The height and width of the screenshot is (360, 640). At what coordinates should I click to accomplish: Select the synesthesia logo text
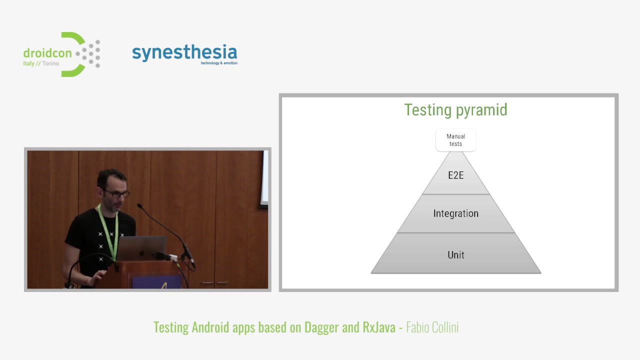point(184,52)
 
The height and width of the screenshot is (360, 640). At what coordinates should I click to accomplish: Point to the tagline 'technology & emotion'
point(219,63)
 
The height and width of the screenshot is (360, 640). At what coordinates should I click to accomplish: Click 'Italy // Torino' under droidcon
point(41,64)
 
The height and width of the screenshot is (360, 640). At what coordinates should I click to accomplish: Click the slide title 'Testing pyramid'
point(455,110)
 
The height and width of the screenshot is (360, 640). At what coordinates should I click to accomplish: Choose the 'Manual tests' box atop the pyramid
point(455,140)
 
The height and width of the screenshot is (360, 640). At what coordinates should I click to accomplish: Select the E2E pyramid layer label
point(455,175)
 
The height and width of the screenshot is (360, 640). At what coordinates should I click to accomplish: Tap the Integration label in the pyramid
point(455,213)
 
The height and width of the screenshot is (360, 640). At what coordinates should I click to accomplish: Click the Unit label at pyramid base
point(455,255)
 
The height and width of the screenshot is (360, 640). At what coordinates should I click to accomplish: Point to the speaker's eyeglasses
point(117,193)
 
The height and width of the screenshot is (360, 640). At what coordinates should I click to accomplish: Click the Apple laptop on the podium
point(141,248)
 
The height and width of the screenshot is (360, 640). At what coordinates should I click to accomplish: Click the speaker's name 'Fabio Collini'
point(432,327)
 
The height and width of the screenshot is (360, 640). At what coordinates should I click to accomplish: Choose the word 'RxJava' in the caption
point(379,327)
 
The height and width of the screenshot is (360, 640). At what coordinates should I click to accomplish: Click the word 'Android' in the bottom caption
point(210,327)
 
